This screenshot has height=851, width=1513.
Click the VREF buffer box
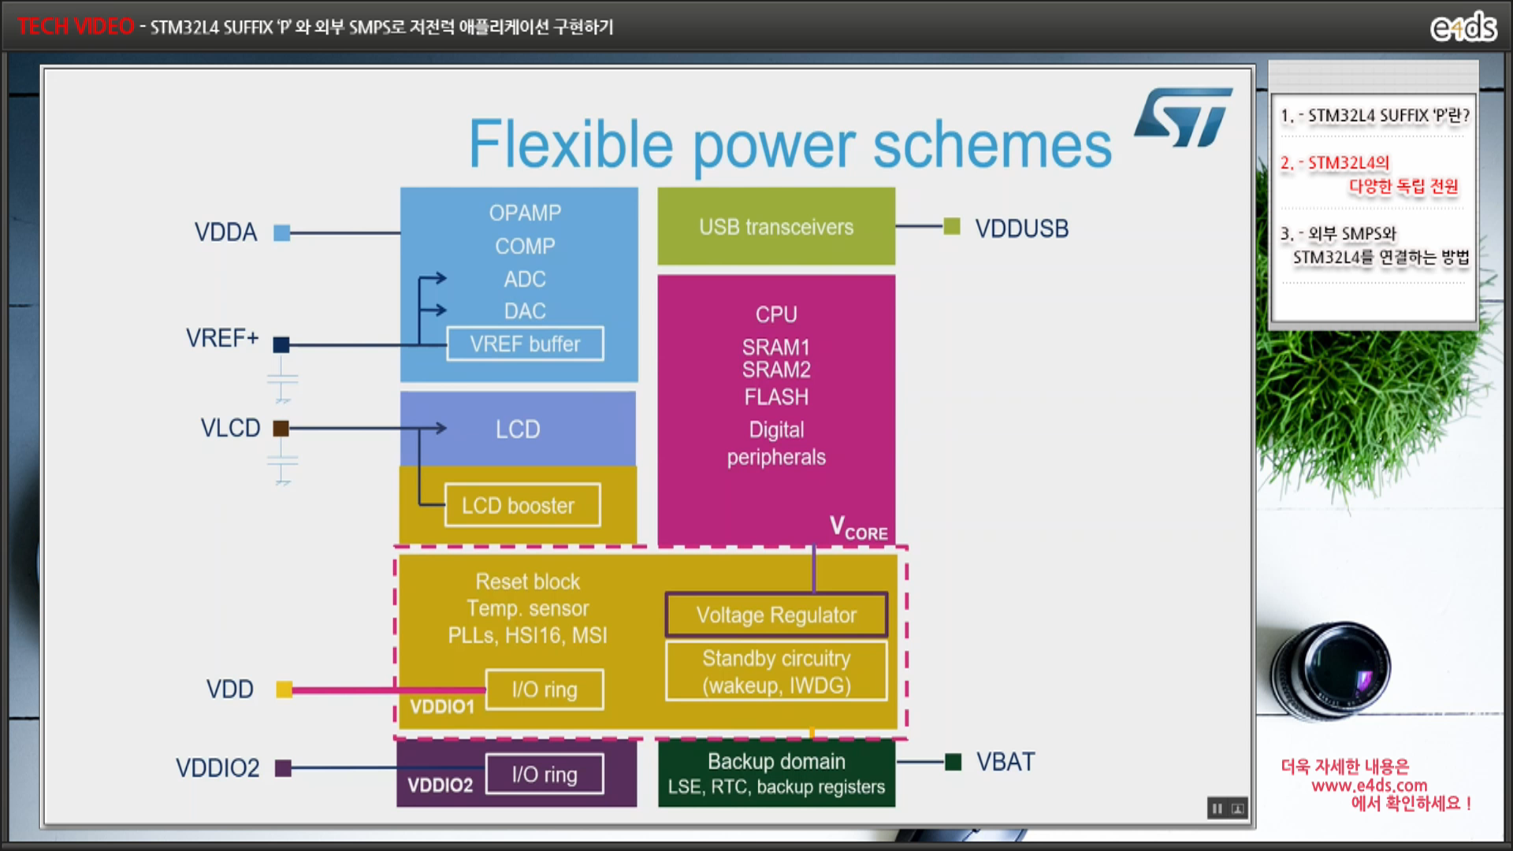pos(525,344)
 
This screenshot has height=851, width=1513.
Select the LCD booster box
pos(522,505)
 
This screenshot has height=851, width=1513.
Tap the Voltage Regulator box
pos(776,615)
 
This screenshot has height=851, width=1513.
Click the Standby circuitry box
pos(776,671)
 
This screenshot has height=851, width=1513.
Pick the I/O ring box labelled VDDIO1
pos(545,689)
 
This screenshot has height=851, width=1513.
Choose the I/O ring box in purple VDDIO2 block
pos(545,775)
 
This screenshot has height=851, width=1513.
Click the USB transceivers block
pos(776,227)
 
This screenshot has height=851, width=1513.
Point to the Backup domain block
pos(776,773)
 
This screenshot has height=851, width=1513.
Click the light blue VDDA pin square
pos(281,232)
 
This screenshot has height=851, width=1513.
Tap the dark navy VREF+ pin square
pos(281,344)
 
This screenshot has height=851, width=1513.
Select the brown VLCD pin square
pos(281,429)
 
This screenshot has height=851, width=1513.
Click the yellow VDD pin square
pos(284,690)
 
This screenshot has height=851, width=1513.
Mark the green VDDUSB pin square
pos(952,227)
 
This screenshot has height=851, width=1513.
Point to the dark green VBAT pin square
pos(953,762)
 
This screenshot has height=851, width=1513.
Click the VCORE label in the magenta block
pos(858,529)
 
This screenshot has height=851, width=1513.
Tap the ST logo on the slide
pos(1184,118)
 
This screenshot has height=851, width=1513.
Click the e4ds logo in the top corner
pos(1463,28)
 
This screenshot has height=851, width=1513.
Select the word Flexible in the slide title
pos(571,145)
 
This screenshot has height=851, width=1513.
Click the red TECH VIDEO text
pos(76,27)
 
